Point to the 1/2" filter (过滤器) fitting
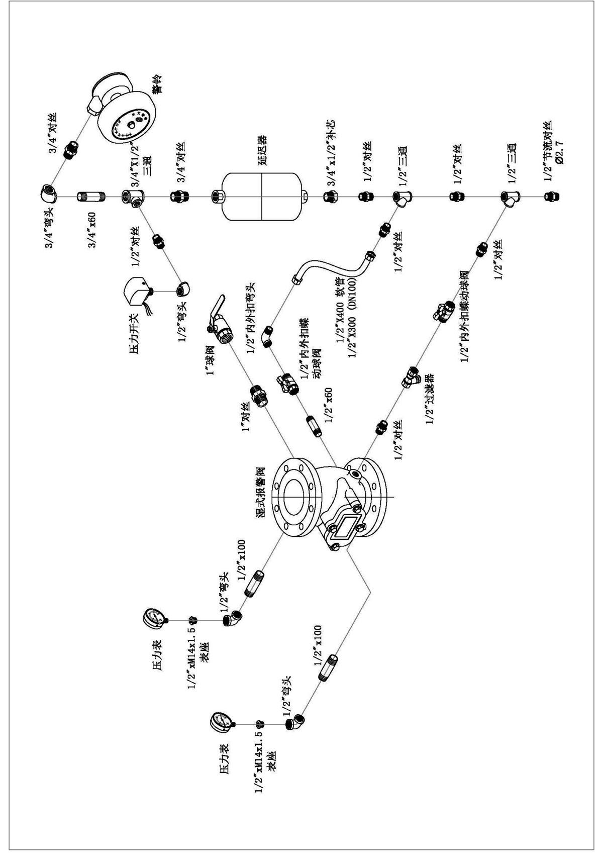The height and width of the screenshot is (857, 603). [x=410, y=375]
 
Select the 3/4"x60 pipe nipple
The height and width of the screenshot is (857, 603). [x=90, y=197]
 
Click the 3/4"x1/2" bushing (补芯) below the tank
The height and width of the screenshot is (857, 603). [x=330, y=197]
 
